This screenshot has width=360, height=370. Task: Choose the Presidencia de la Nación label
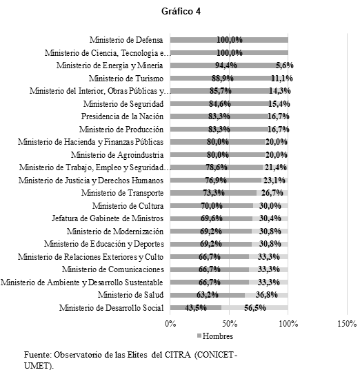tap(121, 116)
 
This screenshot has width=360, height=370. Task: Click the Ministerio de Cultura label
tap(128, 206)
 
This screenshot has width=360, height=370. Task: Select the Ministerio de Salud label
tap(130, 295)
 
